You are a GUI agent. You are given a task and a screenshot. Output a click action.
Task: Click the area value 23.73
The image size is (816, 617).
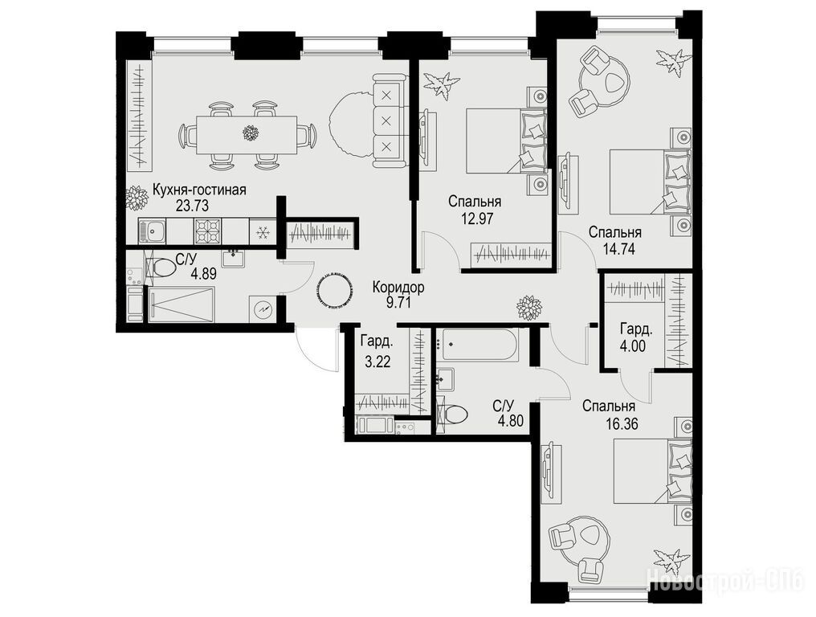(192, 206)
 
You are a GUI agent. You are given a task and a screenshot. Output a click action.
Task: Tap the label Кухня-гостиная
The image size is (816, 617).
(199, 190)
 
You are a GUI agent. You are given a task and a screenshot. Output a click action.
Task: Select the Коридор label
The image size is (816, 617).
(398, 287)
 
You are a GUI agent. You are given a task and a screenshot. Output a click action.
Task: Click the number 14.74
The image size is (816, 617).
(618, 248)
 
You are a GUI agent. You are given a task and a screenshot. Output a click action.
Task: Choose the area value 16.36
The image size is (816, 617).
(622, 424)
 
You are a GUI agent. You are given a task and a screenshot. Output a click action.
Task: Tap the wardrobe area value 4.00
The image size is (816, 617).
(632, 345)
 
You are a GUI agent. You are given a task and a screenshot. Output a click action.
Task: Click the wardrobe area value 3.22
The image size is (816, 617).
(377, 362)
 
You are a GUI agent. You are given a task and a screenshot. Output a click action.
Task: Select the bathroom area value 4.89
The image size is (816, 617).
(203, 274)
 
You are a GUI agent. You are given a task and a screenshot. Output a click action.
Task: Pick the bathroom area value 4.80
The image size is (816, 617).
(510, 419)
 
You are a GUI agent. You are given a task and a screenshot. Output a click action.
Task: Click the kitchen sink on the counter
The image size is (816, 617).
(152, 231)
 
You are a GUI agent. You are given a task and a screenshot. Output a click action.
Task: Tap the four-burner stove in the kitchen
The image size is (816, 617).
(207, 231)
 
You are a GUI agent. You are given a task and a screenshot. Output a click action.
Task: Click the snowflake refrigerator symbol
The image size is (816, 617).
(263, 231)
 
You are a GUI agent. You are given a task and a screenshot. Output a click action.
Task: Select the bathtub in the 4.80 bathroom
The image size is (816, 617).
(477, 344)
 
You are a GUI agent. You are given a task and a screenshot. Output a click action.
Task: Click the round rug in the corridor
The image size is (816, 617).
(333, 291)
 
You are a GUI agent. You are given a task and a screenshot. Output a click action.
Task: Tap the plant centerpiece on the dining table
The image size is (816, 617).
(251, 133)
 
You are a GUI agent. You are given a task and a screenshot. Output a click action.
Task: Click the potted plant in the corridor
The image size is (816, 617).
(529, 307)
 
